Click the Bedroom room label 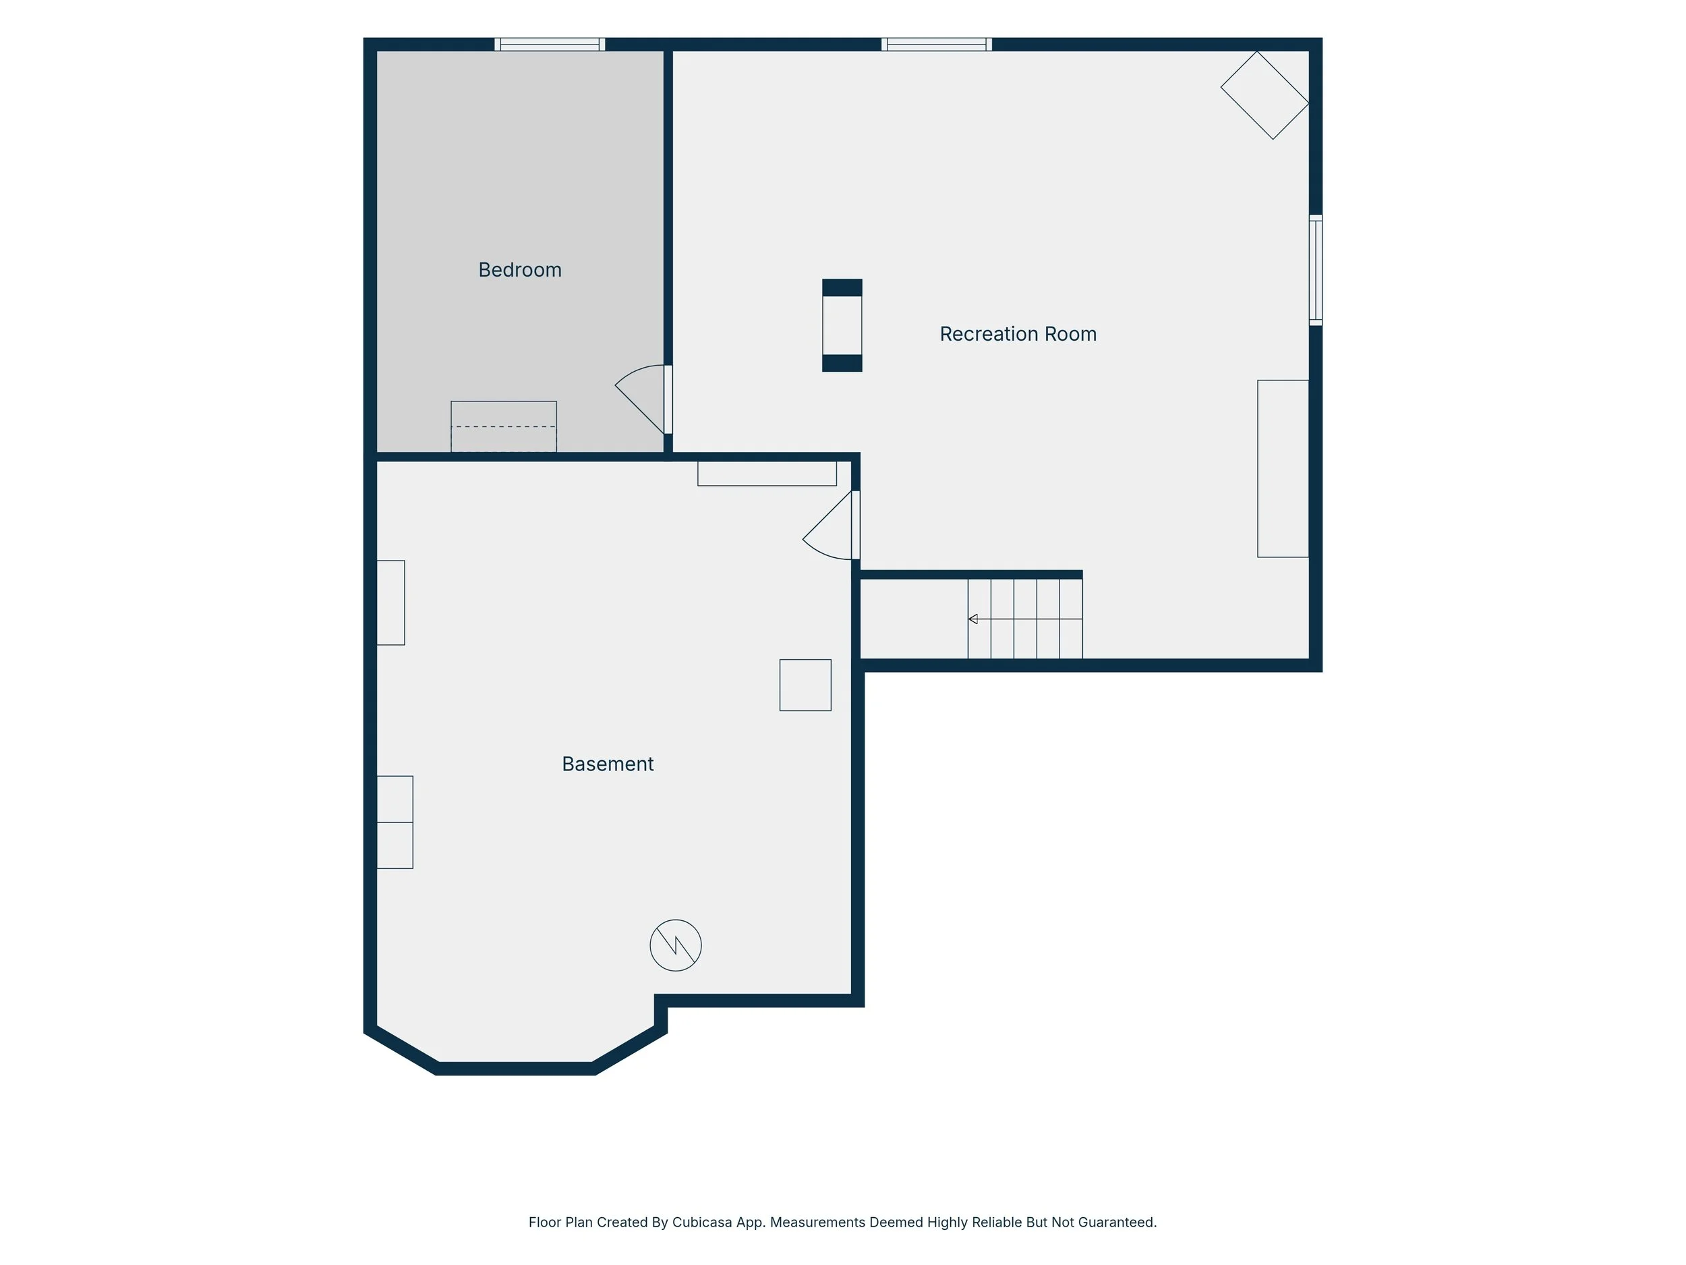[520, 270]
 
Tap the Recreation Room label [1018, 334]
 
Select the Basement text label [608, 764]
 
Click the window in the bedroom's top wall [550, 45]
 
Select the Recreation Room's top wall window [937, 45]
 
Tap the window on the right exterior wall [1316, 271]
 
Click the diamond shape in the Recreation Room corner [1264, 95]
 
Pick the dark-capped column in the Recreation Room [842, 326]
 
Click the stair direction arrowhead [972, 619]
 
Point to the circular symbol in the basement [675, 945]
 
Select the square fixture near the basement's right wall [805, 685]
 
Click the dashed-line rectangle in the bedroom [504, 427]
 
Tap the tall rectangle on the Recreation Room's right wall [1283, 469]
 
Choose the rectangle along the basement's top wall [767, 474]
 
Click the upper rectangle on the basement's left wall [391, 602]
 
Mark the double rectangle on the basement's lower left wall [395, 822]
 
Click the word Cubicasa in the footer [703, 1222]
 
